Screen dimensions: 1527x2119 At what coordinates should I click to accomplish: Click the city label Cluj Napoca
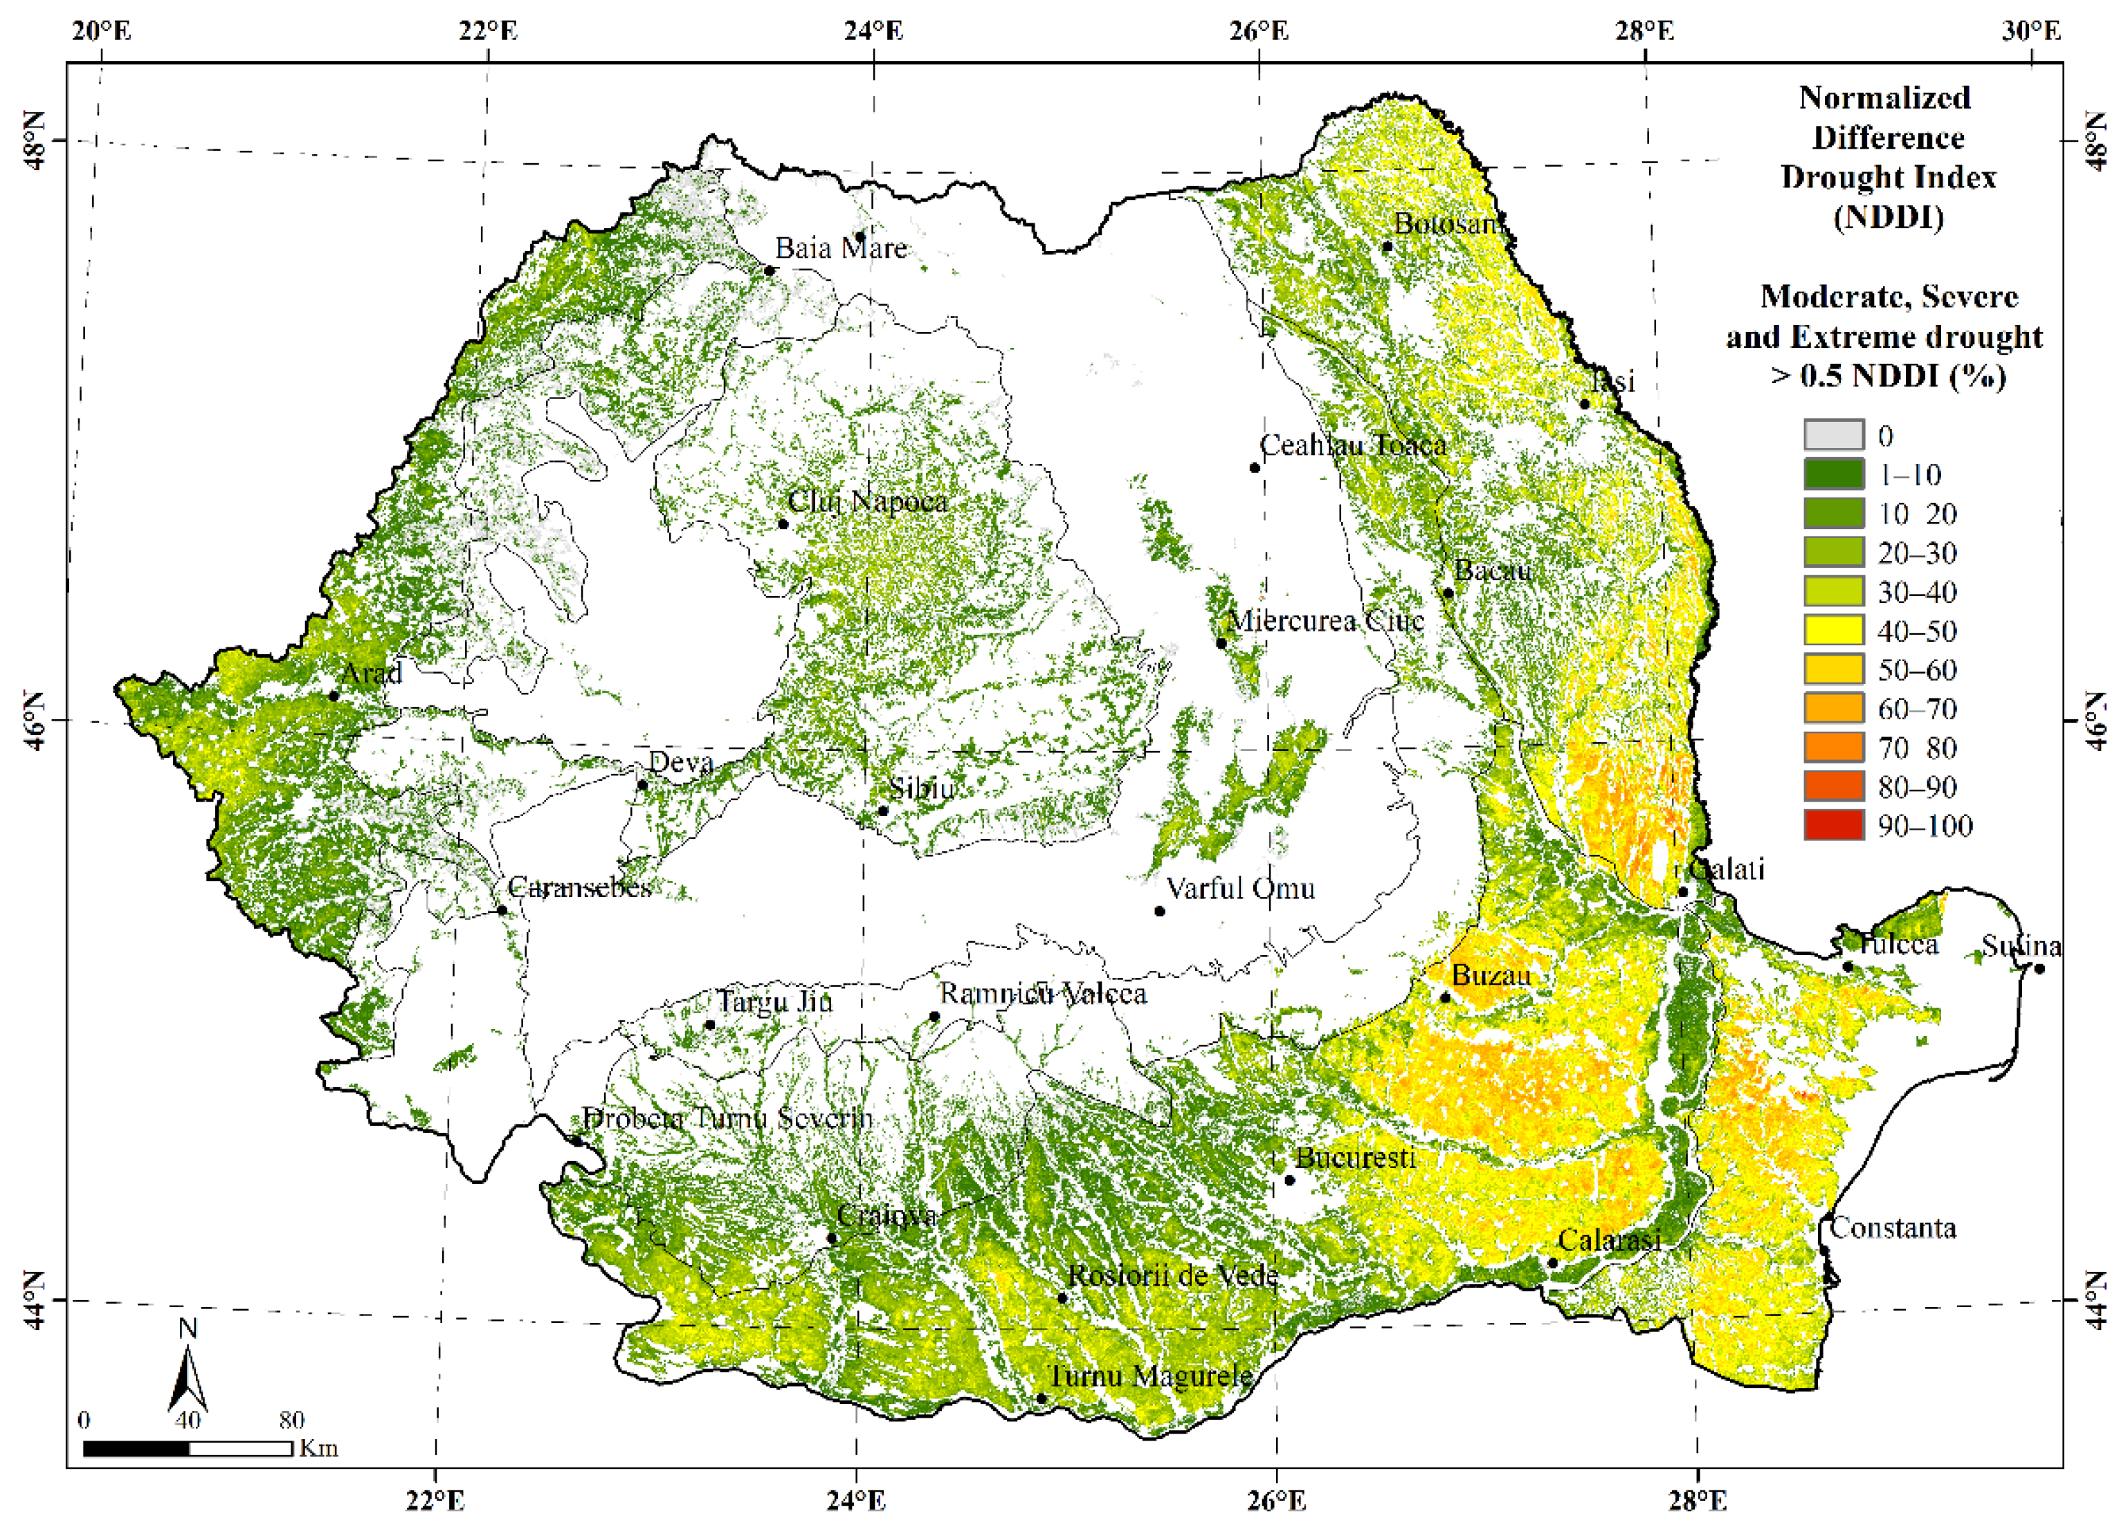pyautogui.click(x=867, y=501)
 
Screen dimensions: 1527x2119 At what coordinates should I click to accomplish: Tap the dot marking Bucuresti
pyautogui.click(x=1290, y=1181)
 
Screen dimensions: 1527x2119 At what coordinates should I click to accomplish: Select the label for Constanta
pyautogui.click(x=1893, y=1228)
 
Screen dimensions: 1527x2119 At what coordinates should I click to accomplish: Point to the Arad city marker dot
pyautogui.click(x=334, y=696)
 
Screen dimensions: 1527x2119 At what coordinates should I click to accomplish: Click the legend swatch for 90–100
pyautogui.click(x=1833, y=826)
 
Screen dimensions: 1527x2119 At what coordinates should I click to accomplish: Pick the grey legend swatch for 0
pyautogui.click(x=1833, y=435)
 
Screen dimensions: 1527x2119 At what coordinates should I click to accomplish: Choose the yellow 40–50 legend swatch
pyautogui.click(x=1833, y=631)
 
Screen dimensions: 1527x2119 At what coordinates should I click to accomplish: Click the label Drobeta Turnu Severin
pyautogui.click(x=727, y=1118)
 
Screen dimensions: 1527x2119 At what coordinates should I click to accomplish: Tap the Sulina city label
pyautogui.click(x=2022, y=946)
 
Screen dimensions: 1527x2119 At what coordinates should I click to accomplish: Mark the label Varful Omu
pyautogui.click(x=1241, y=887)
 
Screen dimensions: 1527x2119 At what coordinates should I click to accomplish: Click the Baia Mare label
pyautogui.click(x=841, y=248)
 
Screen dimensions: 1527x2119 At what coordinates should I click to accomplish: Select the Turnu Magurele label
pyautogui.click(x=1149, y=1376)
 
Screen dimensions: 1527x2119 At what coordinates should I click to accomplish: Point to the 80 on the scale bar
pyautogui.click(x=291, y=1420)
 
